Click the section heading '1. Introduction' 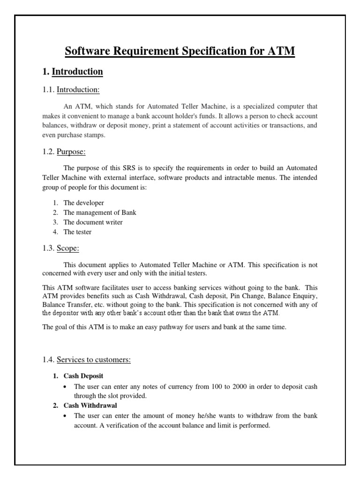tap(73, 72)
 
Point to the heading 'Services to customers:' tap(94, 360)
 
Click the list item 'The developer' tap(84, 202)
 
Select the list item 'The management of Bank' tap(100, 212)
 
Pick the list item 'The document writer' tap(93, 222)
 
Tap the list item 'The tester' tap(78, 232)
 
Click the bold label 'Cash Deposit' tap(83, 376)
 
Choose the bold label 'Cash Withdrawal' tap(90, 405)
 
